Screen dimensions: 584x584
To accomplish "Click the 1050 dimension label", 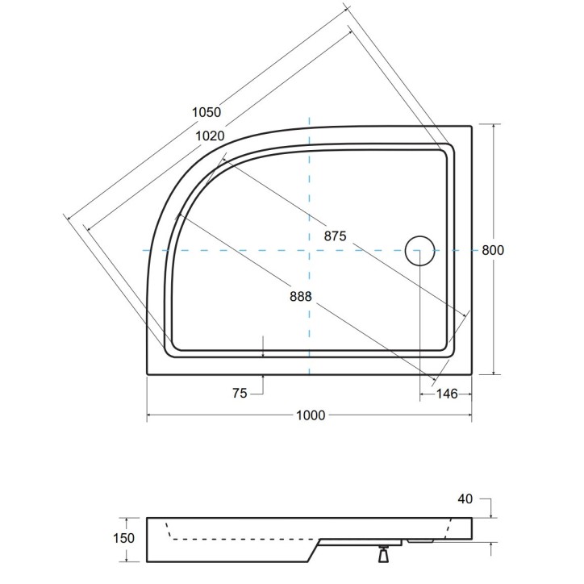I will click(206, 113).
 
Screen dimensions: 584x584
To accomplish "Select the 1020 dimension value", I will click(210, 136).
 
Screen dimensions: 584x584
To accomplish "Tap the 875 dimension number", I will click(335, 236).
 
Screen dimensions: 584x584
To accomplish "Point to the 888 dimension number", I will click(300, 296).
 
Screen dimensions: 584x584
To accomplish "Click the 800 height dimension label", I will click(493, 250).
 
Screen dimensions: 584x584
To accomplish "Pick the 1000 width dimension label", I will click(310, 415).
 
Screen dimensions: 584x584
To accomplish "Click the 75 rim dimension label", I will click(240, 394).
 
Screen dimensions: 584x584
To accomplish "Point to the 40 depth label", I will click(465, 499).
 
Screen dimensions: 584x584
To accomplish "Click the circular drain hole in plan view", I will click(419, 250).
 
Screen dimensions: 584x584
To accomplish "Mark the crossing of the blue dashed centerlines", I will click(310, 251).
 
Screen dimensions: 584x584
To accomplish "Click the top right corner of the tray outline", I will click(472, 125).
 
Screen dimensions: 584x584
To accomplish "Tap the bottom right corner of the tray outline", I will click(472, 375).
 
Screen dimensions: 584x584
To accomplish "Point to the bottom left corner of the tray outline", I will click(147, 375).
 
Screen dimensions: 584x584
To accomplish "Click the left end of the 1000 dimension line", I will click(147, 415).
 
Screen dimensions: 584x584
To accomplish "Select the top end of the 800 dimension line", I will click(493, 125).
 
